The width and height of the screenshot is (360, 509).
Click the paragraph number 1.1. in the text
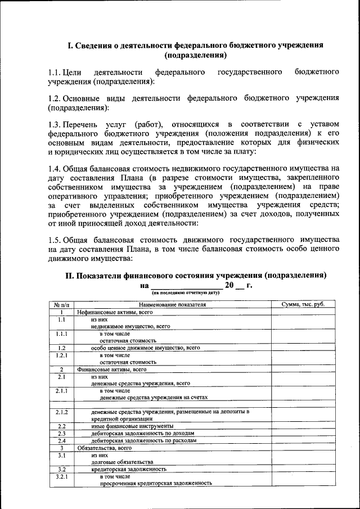click(x=55, y=73)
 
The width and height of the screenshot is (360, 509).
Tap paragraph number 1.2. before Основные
click(x=55, y=98)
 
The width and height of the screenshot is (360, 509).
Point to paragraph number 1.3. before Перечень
click(x=55, y=124)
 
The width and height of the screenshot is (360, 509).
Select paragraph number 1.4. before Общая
click(x=55, y=168)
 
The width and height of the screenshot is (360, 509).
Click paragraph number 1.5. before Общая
click(x=55, y=239)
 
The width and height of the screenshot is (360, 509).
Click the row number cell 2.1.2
click(x=61, y=412)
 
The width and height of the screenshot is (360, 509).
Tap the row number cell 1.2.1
click(x=61, y=355)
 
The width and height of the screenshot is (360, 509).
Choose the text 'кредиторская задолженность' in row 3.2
click(x=129, y=469)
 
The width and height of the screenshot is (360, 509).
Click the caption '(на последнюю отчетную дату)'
click(x=182, y=293)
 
